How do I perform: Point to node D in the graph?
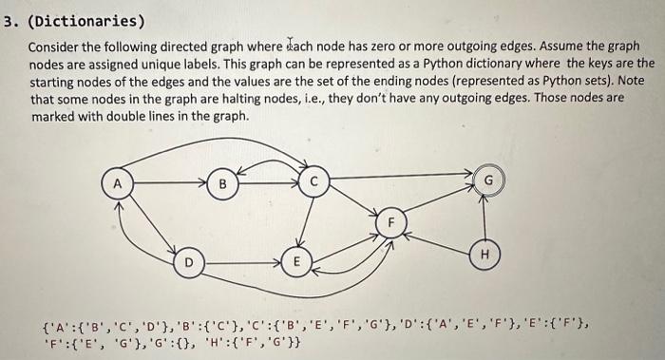pos(189,259)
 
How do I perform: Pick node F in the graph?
pos(389,221)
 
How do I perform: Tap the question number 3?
pos(8,20)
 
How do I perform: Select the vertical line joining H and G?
pos(486,217)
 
